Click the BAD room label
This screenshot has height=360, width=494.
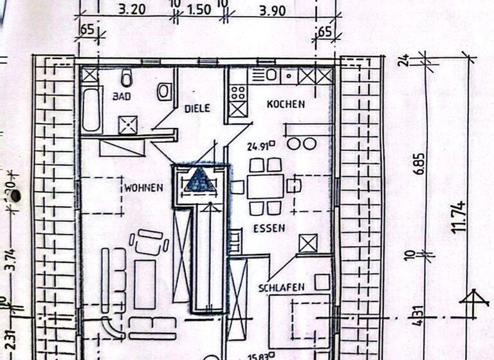(x=121, y=97)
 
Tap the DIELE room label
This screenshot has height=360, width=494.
(x=197, y=109)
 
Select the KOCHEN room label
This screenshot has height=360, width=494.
(x=286, y=104)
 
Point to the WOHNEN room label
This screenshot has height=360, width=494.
(x=143, y=188)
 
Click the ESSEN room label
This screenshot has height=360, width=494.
(x=269, y=228)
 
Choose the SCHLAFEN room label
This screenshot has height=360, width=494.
(x=281, y=287)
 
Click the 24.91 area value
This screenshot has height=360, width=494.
(x=260, y=146)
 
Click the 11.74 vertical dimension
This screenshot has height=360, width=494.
(x=459, y=217)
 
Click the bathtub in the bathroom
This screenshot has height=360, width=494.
(x=91, y=109)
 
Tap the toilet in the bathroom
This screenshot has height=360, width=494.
(x=126, y=79)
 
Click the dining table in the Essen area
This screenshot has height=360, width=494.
(x=265, y=186)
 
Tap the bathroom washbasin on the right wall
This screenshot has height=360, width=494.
(x=165, y=91)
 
